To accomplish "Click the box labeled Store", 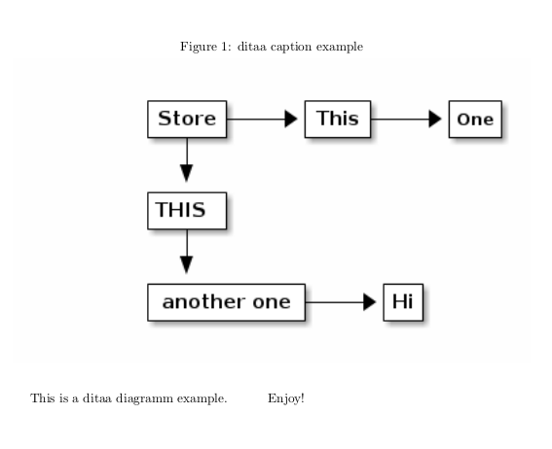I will (187, 120).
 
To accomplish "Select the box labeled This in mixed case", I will (338, 120).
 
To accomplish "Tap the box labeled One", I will (475, 121).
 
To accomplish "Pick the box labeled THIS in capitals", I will (186, 210).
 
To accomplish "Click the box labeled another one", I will (226, 301).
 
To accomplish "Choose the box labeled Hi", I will (403, 301).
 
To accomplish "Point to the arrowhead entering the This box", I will (290, 120).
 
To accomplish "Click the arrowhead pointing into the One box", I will (435, 120).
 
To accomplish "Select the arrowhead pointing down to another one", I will (186, 264).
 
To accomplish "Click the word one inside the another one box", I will (272, 301).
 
